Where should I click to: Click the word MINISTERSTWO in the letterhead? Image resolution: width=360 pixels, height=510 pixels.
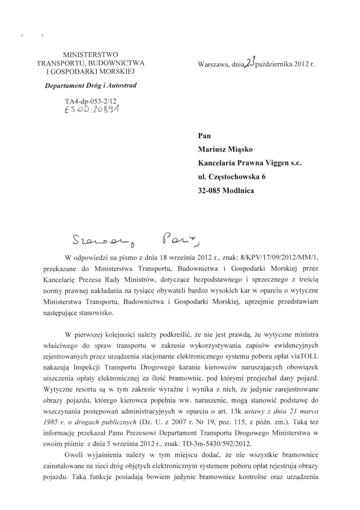click(x=90, y=55)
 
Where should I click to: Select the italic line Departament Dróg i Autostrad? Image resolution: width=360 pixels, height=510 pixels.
click(x=91, y=85)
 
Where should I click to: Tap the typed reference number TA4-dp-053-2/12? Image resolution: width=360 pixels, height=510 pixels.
click(x=90, y=102)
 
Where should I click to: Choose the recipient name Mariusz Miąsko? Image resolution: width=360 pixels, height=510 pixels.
click(x=225, y=149)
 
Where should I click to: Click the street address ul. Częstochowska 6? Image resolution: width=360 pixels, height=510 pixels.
click(x=232, y=176)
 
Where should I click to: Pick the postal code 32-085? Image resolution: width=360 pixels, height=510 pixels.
click(x=209, y=191)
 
